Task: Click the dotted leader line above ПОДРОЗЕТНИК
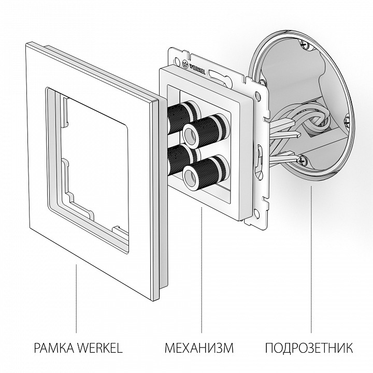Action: click(x=311, y=259)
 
